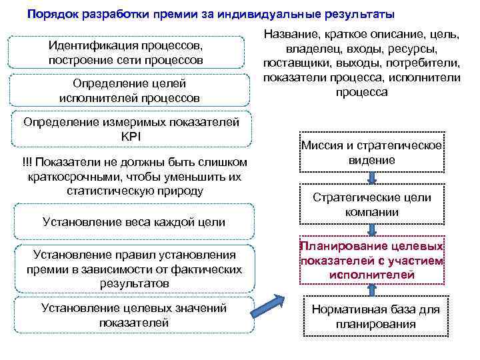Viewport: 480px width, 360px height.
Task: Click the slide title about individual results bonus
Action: coord(211,14)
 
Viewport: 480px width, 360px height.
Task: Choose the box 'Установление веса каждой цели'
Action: coord(133,221)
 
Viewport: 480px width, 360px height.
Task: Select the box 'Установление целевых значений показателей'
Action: coord(134,315)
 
